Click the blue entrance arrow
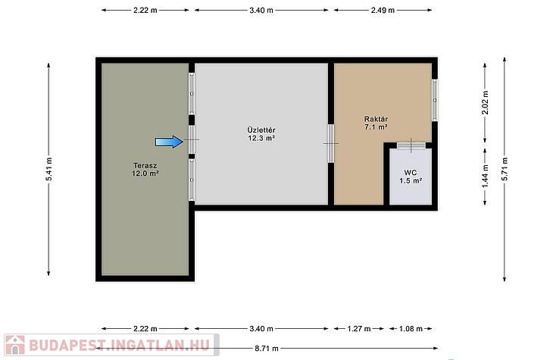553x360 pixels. click(x=169, y=142)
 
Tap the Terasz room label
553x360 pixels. click(x=145, y=165)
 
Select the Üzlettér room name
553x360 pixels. click(x=261, y=130)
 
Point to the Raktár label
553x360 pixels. click(x=376, y=119)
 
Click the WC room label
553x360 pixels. click(x=411, y=173)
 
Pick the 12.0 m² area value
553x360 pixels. click(x=145, y=174)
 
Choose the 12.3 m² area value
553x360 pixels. click(x=261, y=138)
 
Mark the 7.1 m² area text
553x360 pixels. click(x=376, y=127)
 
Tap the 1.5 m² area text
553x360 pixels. click(x=411, y=180)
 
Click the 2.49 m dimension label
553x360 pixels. click(x=383, y=11)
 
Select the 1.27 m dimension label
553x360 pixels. click(x=359, y=329)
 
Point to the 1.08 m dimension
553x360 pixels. click(x=411, y=329)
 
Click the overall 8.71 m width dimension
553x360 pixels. click(x=267, y=349)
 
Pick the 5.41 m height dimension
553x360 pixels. click(x=49, y=170)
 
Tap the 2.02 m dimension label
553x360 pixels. click(x=486, y=102)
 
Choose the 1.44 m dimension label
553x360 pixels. click(x=486, y=177)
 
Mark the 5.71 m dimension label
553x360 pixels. click(x=505, y=170)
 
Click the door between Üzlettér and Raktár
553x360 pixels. click(x=331, y=144)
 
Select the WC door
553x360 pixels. click(x=411, y=145)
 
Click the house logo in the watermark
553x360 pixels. click(x=15, y=345)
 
